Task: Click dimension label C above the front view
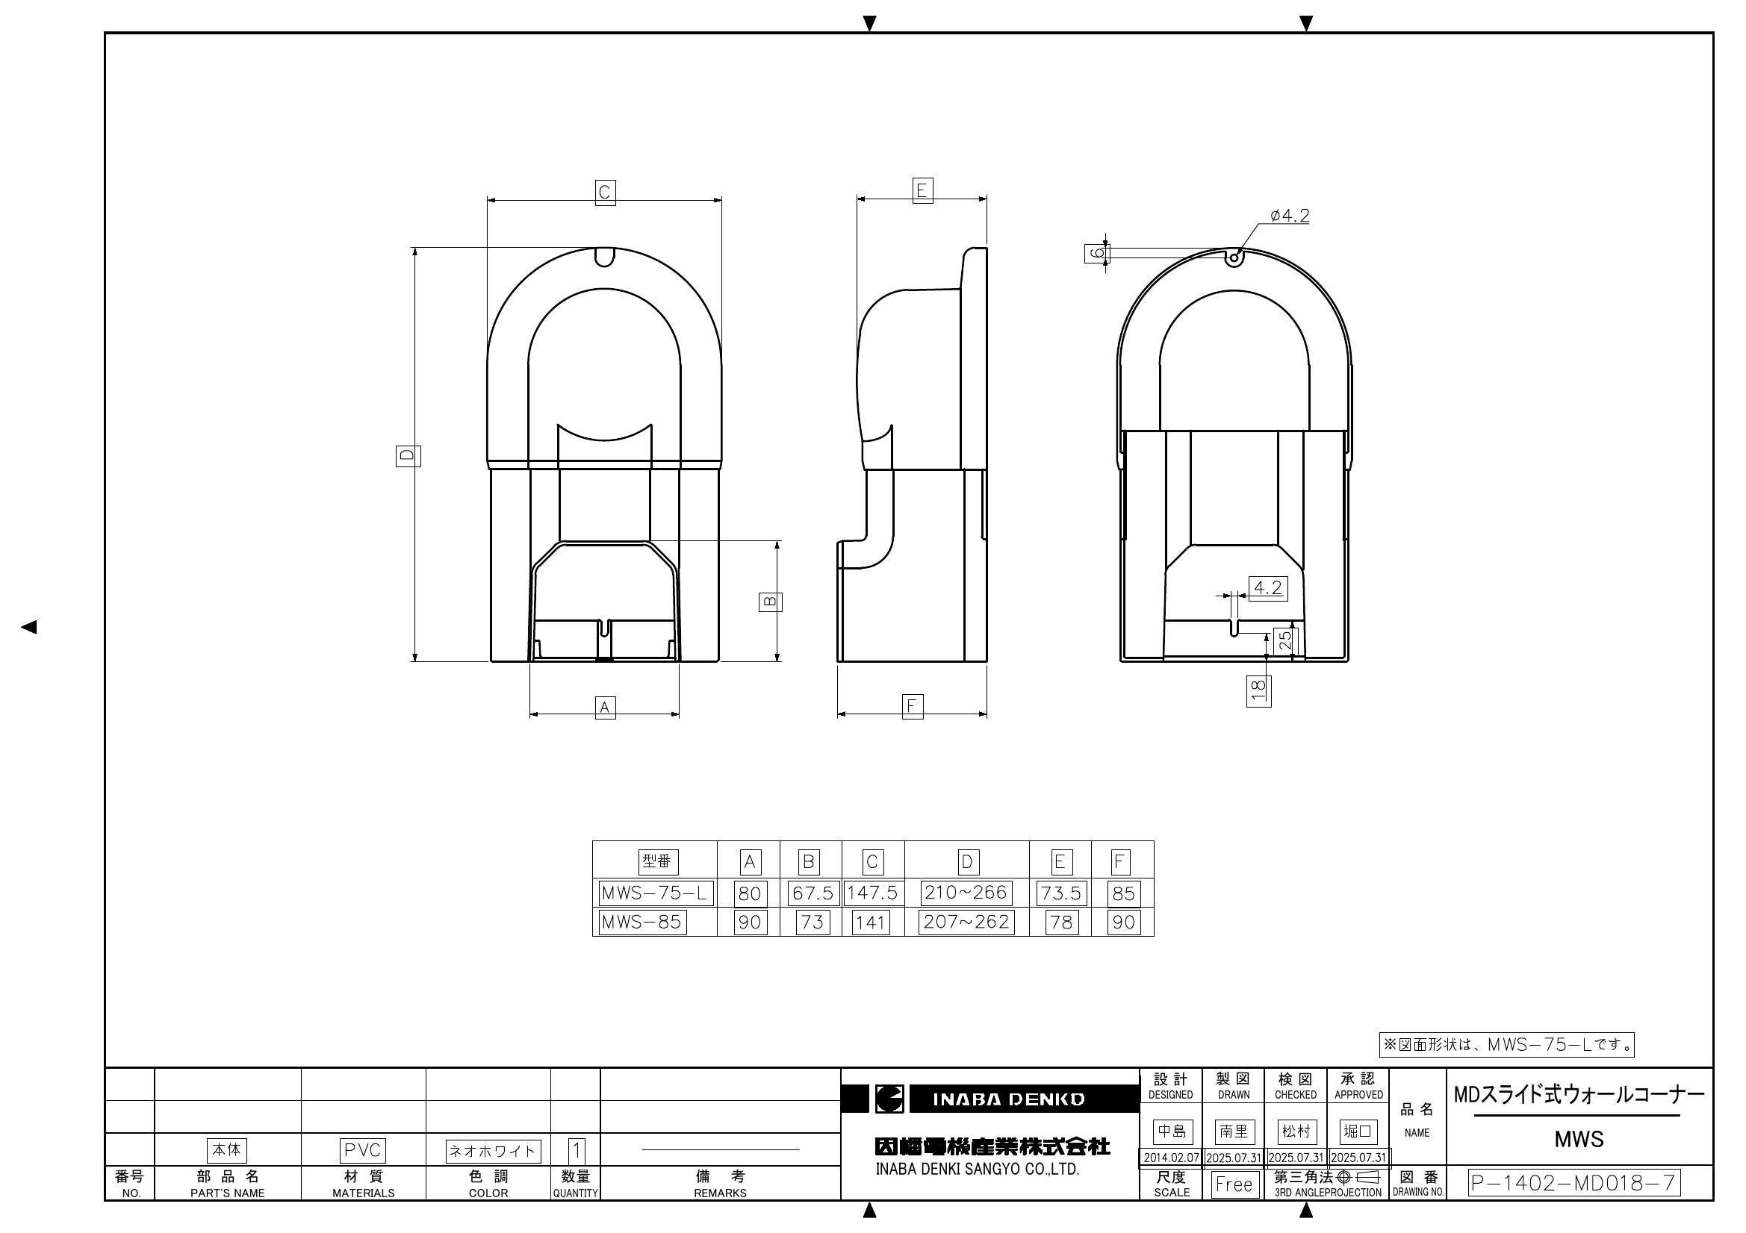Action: tap(605, 193)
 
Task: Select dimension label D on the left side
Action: tap(408, 456)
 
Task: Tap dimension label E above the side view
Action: tap(922, 190)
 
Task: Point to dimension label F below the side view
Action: tap(912, 706)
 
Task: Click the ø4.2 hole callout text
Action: tap(1290, 216)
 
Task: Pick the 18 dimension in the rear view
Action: tap(1258, 690)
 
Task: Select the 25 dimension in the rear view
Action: tap(1284, 640)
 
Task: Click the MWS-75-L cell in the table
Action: tap(656, 893)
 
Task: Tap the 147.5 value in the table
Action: tap(872, 893)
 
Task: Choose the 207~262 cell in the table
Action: tap(966, 922)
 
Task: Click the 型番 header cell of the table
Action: tap(657, 861)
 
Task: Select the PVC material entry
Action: tap(363, 1150)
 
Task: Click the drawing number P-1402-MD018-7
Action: tap(1573, 1183)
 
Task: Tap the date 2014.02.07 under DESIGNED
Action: tap(1171, 1158)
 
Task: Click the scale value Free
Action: tap(1234, 1184)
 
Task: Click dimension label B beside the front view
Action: tap(771, 602)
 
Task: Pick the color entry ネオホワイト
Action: tap(493, 1151)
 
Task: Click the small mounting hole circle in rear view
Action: tap(1234, 257)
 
